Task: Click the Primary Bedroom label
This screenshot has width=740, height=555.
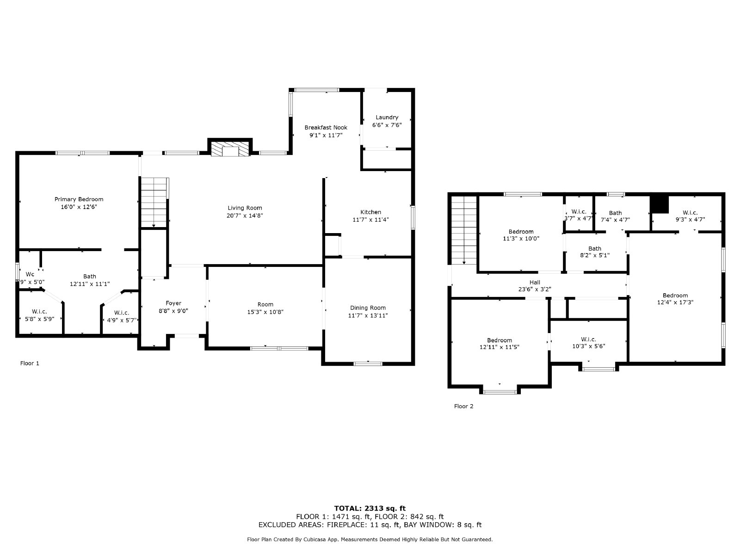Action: [79, 199]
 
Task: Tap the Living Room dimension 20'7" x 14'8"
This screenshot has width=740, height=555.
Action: [245, 216]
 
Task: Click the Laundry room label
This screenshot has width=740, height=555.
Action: [387, 117]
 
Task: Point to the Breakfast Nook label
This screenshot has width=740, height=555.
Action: [326, 128]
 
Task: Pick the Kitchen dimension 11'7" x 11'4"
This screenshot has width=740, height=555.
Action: [370, 220]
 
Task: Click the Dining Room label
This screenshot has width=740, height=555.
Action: [367, 308]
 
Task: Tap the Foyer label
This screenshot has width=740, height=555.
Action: [173, 303]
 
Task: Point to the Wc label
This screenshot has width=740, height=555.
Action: [30, 274]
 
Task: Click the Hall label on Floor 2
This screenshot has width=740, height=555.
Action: [535, 282]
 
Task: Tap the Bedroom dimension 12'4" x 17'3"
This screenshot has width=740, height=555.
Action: [675, 302]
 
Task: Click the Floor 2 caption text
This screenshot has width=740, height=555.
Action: [463, 407]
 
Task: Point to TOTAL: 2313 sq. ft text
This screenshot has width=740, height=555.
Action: [370, 508]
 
